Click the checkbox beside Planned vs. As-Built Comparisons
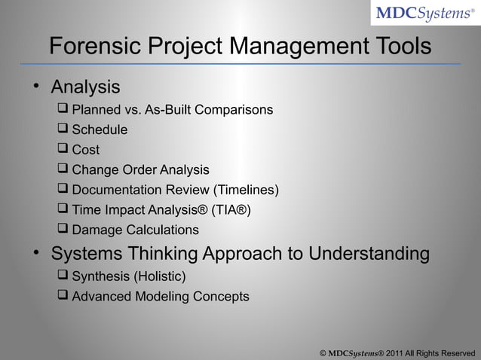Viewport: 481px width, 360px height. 63,110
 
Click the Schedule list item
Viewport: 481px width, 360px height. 100,130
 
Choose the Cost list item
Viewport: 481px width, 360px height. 85,150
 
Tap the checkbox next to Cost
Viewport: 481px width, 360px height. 63,150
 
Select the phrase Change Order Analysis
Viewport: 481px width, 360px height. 140,169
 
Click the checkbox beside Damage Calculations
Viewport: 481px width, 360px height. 63,230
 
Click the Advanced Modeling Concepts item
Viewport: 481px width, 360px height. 160,297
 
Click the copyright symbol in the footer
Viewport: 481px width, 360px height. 323,352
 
